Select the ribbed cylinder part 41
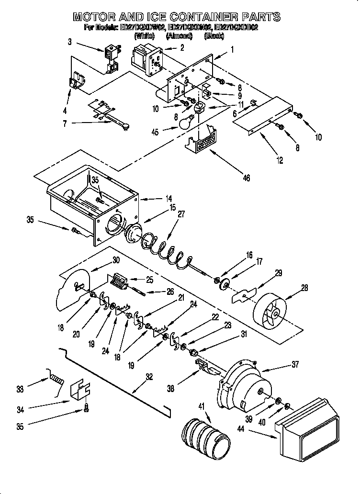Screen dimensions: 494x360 tap(203, 437)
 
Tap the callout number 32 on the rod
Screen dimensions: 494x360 tap(149, 376)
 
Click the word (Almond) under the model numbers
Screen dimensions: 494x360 tap(178, 36)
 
